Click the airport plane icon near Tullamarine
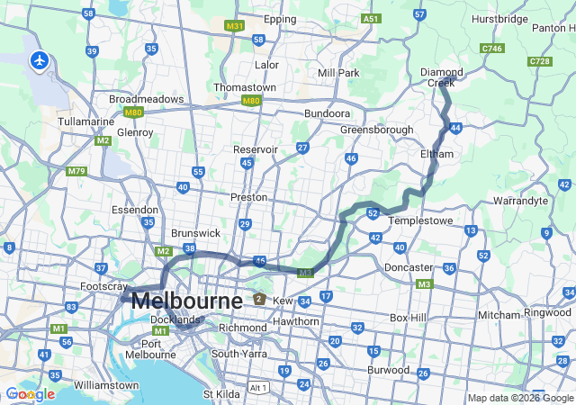coord(39,60)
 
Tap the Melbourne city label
coord(186,301)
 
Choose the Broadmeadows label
coord(146,99)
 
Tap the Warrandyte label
coord(521,201)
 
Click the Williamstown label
coord(106,384)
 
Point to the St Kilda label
coord(221,393)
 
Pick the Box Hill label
coord(412,318)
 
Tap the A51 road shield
coord(370,18)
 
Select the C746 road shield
coord(492,49)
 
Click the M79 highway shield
coord(76,171)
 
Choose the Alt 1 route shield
coord(258,387)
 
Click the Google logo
coord(30,394)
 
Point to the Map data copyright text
coord(519,398)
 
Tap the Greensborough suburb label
coord(376,130)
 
